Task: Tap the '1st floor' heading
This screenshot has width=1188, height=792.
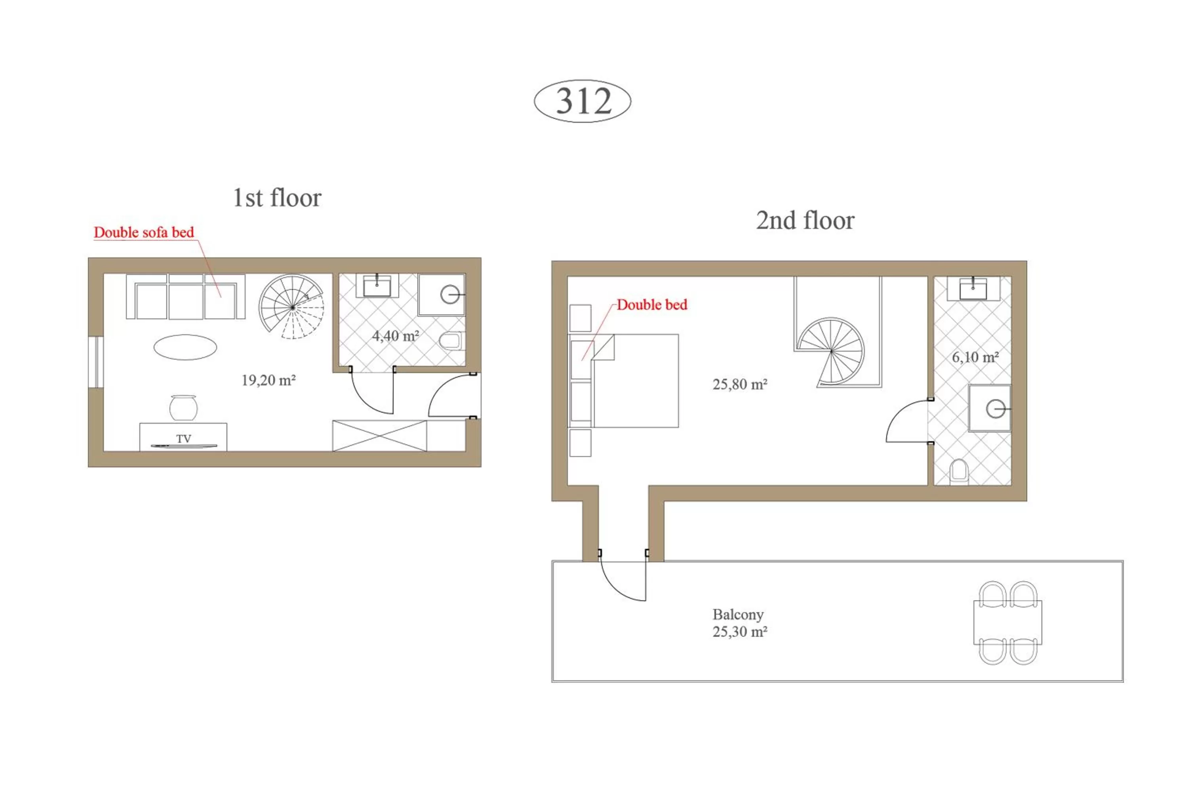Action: [277, 198]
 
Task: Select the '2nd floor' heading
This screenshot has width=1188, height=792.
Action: [805, 220]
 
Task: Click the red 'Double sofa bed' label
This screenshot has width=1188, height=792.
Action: [144, 232]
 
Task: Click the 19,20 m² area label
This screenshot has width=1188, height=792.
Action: [268, 380]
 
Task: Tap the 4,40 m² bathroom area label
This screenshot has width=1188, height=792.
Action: [396, 336]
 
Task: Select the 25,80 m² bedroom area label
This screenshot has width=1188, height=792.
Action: [740, 385]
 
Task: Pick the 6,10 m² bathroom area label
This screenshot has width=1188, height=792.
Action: [975, 357]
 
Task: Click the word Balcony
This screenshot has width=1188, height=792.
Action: [738, 614]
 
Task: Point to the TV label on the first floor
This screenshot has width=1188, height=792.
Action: [184, 438]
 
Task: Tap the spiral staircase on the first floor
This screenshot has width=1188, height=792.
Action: [292, 307]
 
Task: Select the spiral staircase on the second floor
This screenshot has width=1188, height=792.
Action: [831, 351]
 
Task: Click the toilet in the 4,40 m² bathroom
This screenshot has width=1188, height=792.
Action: [451, 341]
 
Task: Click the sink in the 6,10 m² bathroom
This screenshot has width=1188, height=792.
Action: [973, 289]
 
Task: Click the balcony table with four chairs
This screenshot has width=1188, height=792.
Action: [1008, 622]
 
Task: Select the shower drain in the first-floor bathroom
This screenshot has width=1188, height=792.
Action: [449, 295]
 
